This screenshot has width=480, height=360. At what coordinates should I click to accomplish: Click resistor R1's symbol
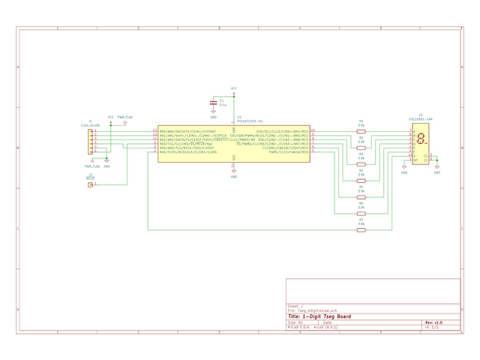pos(361,130)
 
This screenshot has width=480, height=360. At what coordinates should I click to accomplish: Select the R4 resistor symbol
pos(361,180)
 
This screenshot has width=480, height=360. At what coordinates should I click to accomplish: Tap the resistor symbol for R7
pos(361,229)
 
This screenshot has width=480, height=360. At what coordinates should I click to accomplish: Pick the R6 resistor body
pos(361,213)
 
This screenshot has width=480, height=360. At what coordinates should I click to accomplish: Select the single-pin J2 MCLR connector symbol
pos(91,184)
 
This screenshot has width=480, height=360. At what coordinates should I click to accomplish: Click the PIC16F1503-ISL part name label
pos(250,120)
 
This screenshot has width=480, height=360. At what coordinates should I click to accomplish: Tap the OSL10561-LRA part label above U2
pos(421,119)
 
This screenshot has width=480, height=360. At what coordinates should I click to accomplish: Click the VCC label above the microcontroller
pos(234,88)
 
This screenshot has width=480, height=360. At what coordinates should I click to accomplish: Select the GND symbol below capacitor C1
pos(214,115)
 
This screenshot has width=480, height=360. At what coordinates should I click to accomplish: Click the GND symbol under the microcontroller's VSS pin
pos(234,175)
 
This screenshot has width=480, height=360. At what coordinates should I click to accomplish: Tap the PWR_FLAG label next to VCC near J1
pos(125,117)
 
